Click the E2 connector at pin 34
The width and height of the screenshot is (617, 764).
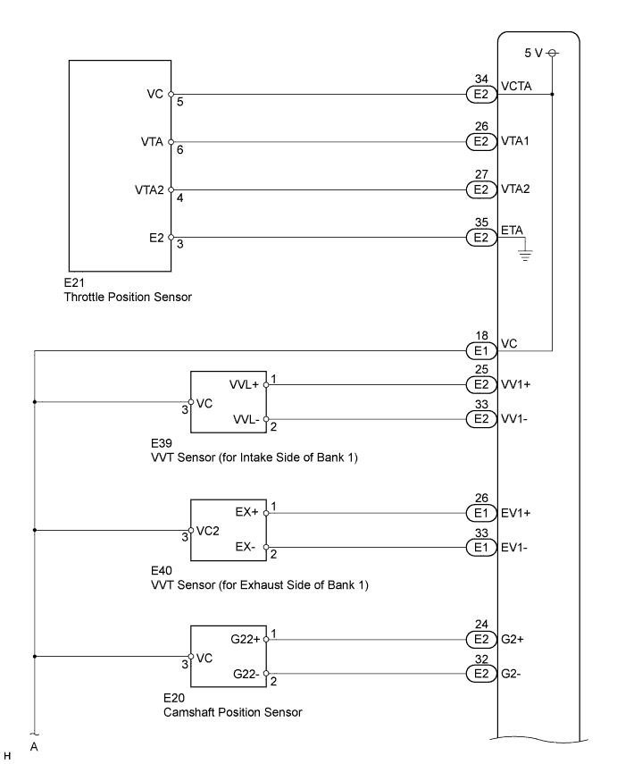[481, 93]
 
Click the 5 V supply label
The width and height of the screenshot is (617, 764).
[534, 54]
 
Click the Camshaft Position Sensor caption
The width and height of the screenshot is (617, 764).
[232, 712]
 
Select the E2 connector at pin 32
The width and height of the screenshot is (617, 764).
[481, 673]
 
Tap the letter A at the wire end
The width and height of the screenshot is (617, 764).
[34, 748]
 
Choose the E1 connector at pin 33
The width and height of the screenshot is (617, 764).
[481, 547]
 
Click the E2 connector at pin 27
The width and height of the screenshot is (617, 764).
[481, 189]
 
